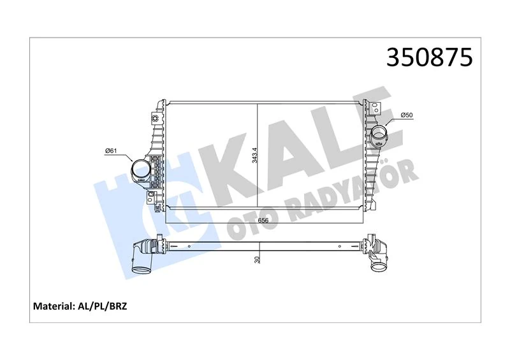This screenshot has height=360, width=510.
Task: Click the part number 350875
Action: (429, 57)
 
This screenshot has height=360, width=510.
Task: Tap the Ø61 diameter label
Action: (112, 151)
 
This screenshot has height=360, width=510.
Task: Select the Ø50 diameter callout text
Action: (407, 115)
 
